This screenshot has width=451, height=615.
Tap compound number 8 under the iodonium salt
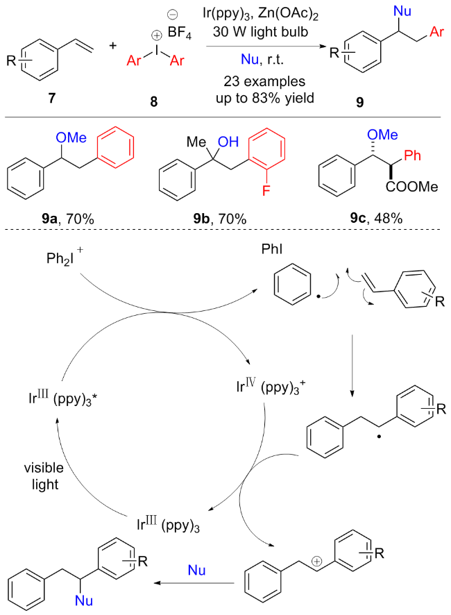tap(153, 101)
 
